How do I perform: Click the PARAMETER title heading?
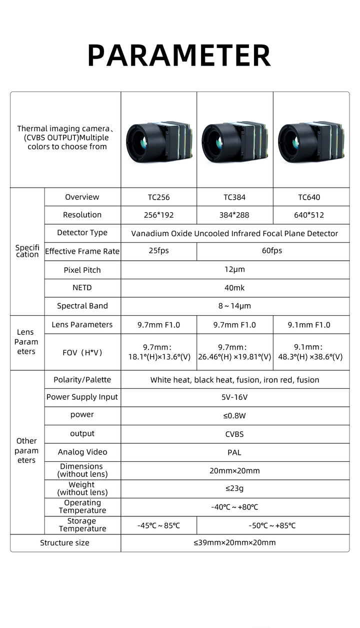pyautogui.click(x=179, y=55)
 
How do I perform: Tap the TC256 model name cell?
pyautogui.click(x=158, y=197)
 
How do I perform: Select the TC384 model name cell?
pyautogui.click(x=234, y=197)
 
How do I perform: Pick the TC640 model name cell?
pyautogui.click(x=310, y=197)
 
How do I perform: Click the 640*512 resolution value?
pyautogui.click(x=310, y=215)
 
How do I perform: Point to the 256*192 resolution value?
pyautogui.click(x=158, y=215)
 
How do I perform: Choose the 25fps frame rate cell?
pyautogui.click(x=158, y=251)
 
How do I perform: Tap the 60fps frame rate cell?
pyautogui.click(x=272, y=251)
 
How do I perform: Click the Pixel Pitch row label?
pyautogui.click(x=82, y=270)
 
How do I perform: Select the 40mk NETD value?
pyautogui.click(x=234, y=288)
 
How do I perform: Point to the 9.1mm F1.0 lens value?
pyautogui.click(x=309, y=325)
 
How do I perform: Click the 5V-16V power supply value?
pyautogui.click(x=234, y=397)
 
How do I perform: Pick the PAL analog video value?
pyautogui.click(x=234, y=452)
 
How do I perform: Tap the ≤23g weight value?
pyautogui.click(x=234, y=489)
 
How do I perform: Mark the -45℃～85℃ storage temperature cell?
pyautogui.click(x=158, y=525)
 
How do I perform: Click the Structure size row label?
pyautogui.click(x=65, y=543)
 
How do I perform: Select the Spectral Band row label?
pyautogui.click(x=82, y=306)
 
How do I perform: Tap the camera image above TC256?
pyautogui.click(x=157, y=142)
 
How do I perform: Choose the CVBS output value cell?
pyautogui.click(x=234, y=434)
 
